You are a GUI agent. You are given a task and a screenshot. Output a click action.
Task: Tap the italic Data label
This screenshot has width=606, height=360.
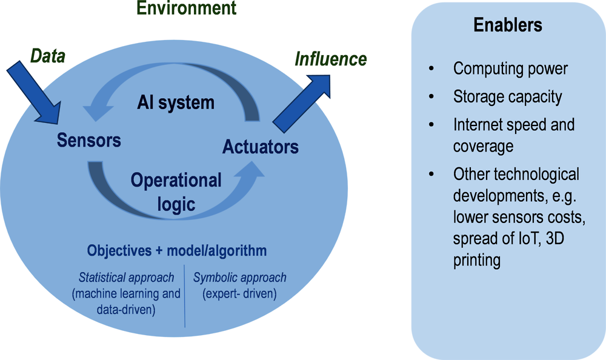pyautogui.click(x=48, y=56)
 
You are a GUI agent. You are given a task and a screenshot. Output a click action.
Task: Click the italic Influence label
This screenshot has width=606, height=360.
pyautogui.click(x=330, y=59)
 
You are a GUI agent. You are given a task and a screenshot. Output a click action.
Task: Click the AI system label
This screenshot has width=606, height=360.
pyautogui.click(x=175, y=102)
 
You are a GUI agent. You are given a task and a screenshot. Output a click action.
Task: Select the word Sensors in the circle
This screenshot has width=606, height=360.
pyautogui.click(x=89, y=140)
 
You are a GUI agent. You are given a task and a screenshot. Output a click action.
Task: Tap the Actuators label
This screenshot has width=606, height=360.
pyautogui.click(x=260, y=147)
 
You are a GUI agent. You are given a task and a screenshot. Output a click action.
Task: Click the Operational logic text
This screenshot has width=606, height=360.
pyautogui.click(x=176, y=192)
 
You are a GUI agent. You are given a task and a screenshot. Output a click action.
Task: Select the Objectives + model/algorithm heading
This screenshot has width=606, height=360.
pyautogui.click(x=177, y=250)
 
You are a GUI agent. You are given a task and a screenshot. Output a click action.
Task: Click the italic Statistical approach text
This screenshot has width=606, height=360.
pyautogui.click(x=127, y=278)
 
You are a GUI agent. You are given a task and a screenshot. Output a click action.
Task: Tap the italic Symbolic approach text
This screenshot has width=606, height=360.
pyautogui.click(x=240, y=278)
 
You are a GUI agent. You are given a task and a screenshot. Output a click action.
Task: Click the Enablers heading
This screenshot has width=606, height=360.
pyautogui.click(x=508, y=25)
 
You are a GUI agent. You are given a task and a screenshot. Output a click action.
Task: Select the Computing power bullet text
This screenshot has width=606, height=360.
pyautogui.click(x=510, y=68)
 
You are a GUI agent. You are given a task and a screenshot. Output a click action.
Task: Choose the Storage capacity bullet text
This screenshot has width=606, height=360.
pyautogui.click(x=507, y=96)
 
